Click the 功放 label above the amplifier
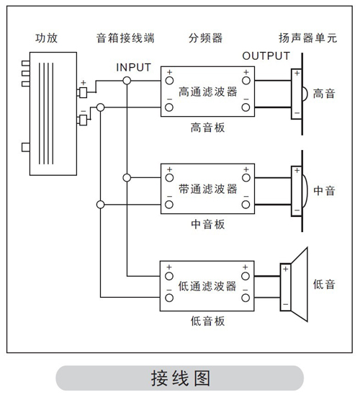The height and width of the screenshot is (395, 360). [x=47, y=38]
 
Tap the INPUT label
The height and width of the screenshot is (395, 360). [x=134, y=67]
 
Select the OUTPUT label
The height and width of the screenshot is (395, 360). [x=266, y=56]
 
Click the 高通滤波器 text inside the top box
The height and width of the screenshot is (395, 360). [x=208, y=92]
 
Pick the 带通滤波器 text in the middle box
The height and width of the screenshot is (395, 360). [x=208, y=189]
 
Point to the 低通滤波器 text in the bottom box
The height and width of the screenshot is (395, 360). [x=207, y=286]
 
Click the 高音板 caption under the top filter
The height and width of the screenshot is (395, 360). [x=207, y=128]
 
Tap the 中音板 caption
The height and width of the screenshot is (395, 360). [x=207, y=224]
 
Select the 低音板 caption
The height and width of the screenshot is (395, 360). [x=207, y=321]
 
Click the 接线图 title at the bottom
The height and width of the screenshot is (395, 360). [x=180, y=378]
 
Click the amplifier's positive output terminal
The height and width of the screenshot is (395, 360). [x=83, y=92]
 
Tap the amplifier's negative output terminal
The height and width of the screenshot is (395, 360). [x=83, y=120]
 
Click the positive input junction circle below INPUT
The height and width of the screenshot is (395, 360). [x=127, y=81]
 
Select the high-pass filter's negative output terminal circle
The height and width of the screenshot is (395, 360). [x=246, y=107]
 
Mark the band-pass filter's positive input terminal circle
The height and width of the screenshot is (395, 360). [x=169, y=178]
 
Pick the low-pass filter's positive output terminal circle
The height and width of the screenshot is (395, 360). [x=246, y=276]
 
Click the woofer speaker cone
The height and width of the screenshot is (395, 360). [x=300, y=285]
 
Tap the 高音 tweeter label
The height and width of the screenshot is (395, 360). [x=324, y=94]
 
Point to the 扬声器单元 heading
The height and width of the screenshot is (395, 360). [x=307, y=38]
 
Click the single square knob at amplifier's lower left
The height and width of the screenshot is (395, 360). [x=26, y=147]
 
